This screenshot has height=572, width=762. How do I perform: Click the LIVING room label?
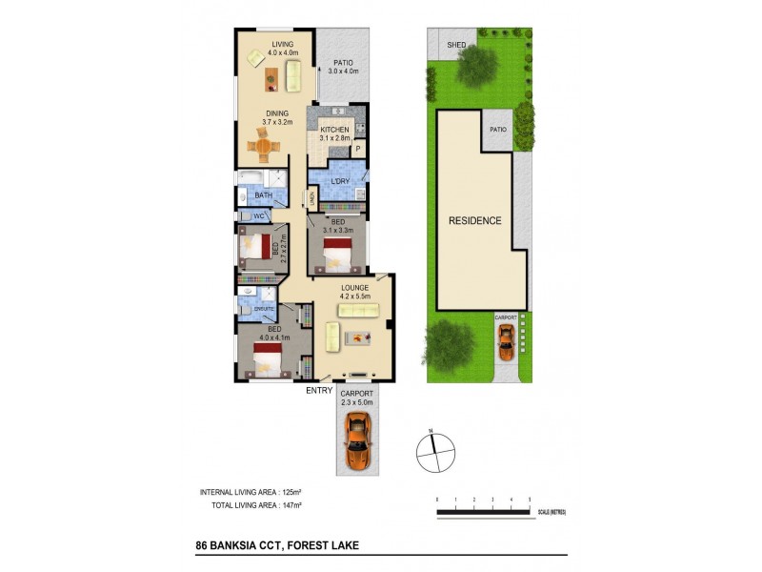click(283, 44)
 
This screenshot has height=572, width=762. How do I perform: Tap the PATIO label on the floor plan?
click(343, 62)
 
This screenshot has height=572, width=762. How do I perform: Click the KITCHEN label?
click(335, 130)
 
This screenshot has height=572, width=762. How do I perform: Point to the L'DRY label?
click(339, 181)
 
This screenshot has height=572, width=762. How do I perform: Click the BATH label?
click(264, 196)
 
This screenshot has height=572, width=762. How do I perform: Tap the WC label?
click(258, 216)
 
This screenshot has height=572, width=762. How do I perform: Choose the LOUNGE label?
click(353, 287)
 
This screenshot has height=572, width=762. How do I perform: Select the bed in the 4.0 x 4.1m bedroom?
click(269, 360)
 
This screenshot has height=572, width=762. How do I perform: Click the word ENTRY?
click(317, 390)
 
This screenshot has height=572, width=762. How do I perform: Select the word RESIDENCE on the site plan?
click(475, 220)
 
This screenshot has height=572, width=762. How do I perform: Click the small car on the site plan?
click(506, 338)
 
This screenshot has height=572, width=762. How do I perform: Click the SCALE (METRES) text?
click(550, 513)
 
